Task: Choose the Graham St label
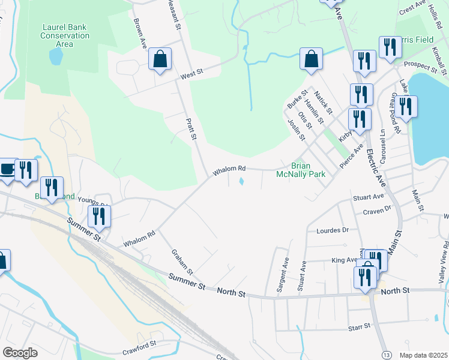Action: click(181, 262)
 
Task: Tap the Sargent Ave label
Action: click(281, 275)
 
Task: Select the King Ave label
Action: click(344, 260)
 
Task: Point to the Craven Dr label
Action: click(376, 211)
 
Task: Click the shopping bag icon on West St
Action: click(160, 59)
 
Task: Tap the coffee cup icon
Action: click(7, 169)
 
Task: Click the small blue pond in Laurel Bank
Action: click(55, 56)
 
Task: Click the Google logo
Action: click(20, 352)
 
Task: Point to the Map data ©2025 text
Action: click(423, 354)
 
